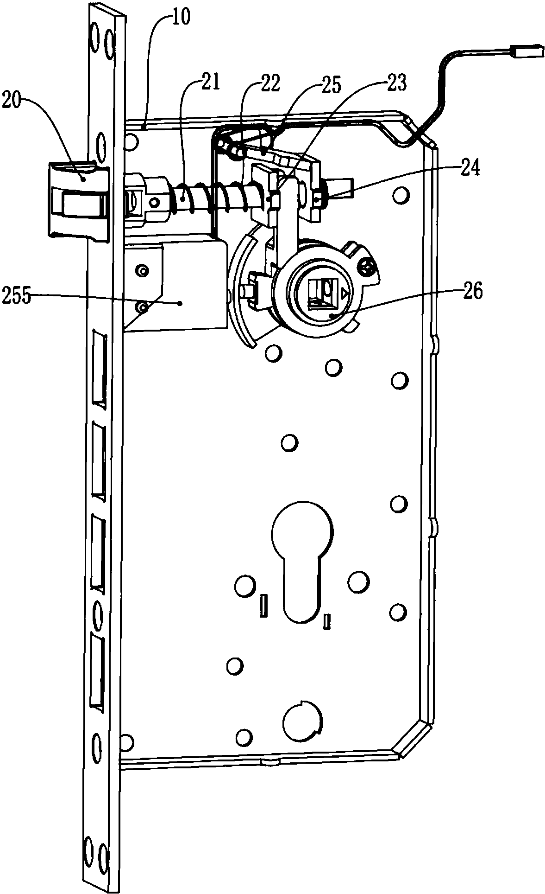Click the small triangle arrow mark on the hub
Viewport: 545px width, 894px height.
(x=343, y=293)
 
